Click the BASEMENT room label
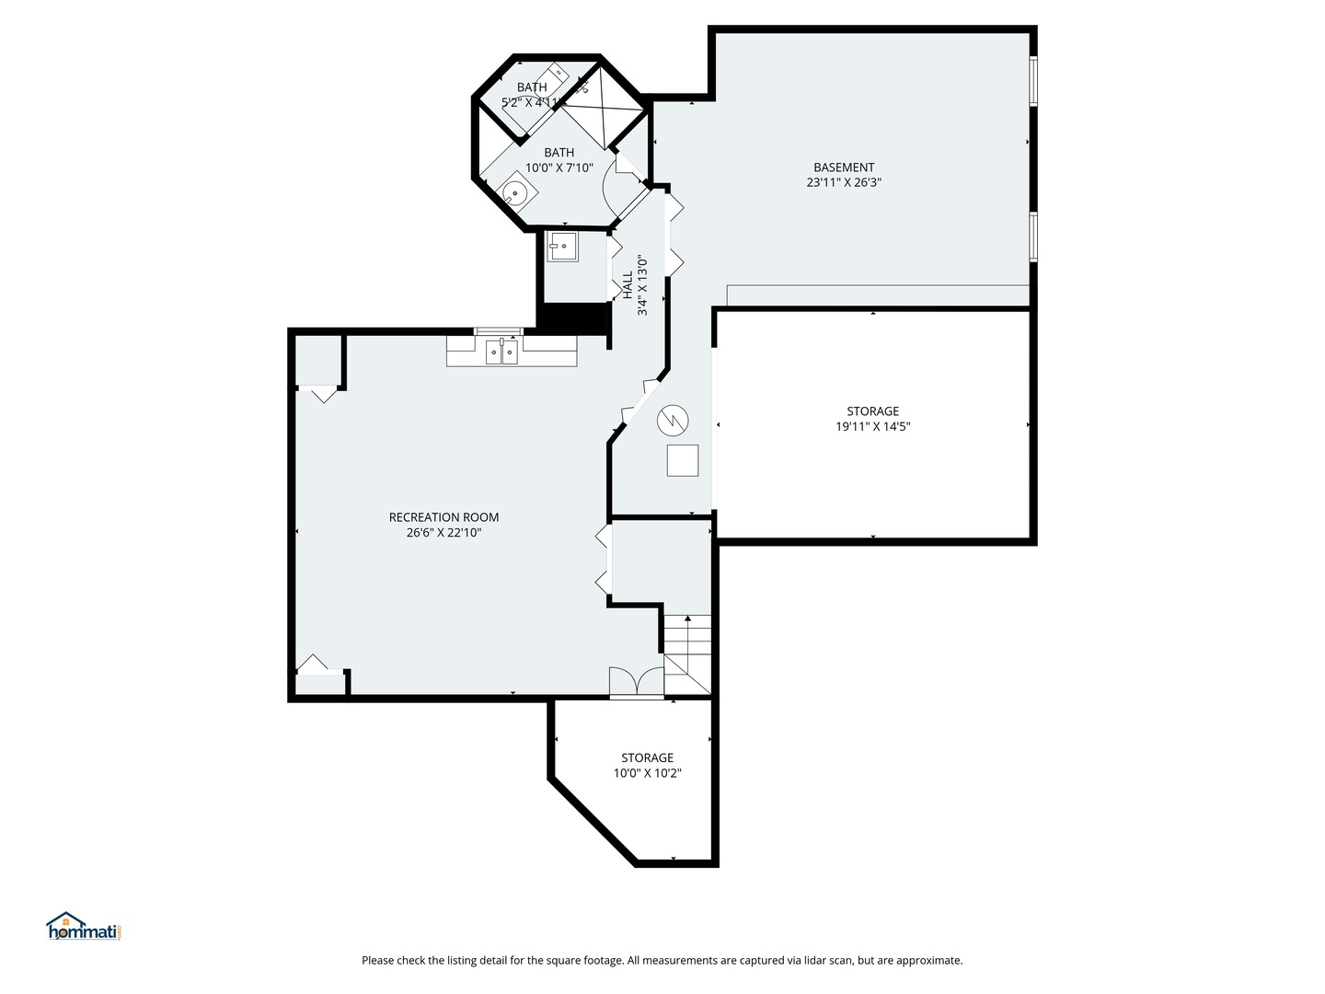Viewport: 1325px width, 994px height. point(843,168)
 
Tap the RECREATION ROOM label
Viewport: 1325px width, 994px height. point(444,517)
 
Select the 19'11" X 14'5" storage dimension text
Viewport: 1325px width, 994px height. point(873,427)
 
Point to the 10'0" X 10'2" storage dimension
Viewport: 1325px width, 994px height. point(647,773)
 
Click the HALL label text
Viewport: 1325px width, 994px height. point(628,285)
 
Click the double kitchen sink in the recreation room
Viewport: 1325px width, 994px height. point(501,352)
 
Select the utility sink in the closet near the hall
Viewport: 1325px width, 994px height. point(562,247)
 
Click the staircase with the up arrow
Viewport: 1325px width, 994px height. point(687,654)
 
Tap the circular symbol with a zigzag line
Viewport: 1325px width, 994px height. point(673,420)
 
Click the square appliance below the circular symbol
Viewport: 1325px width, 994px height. point(683,460)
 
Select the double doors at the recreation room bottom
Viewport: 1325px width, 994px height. point(637,682)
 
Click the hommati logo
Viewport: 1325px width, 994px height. point(85,927)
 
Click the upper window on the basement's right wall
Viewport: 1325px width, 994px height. point(1033,81)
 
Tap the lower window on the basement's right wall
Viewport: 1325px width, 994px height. point(1033,237)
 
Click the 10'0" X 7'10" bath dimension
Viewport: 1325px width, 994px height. point(559,168)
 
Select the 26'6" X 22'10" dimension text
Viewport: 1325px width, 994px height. point(444,533)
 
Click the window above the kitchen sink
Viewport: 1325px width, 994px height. point(499,331)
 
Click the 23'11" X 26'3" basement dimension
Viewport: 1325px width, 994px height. point(844,182)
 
